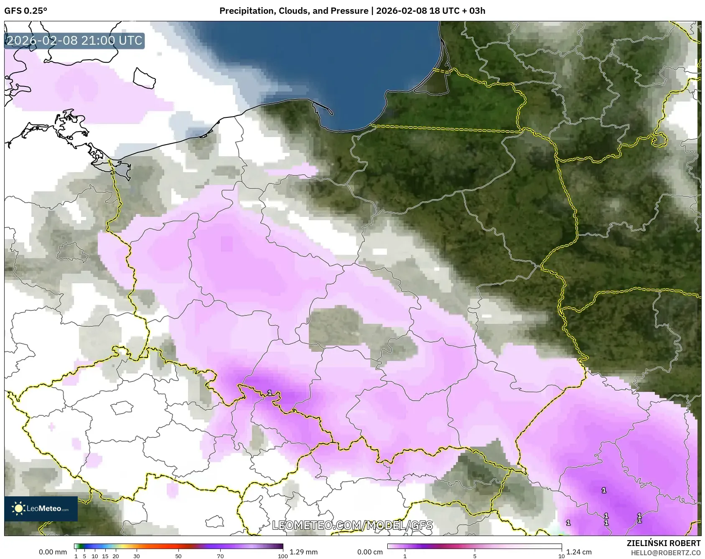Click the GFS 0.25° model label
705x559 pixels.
(25, 11)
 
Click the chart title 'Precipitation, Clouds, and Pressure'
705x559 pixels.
(294, 11)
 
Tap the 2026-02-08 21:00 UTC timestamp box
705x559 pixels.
(74, 41)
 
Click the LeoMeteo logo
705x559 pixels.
(41, 508)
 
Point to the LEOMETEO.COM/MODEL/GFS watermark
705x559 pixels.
(352, 525)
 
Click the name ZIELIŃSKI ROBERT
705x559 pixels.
(663, 543)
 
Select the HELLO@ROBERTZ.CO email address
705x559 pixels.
(665, 553)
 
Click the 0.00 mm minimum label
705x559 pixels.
(53, 552)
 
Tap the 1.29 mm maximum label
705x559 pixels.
(303, 552)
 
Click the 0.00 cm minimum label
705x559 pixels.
(370, 552)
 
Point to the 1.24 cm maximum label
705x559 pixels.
(579, 552)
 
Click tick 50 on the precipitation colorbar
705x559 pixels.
(178, 556)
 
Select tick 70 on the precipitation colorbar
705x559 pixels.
(220, 556)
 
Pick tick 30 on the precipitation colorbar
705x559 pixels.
(137, 556)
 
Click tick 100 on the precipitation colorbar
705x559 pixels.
(283, 556)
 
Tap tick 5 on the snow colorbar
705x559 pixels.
(475, 556)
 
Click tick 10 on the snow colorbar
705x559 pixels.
(561, 556)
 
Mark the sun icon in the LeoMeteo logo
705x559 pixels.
(18, 508)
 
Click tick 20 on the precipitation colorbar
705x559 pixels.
(116, 556)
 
